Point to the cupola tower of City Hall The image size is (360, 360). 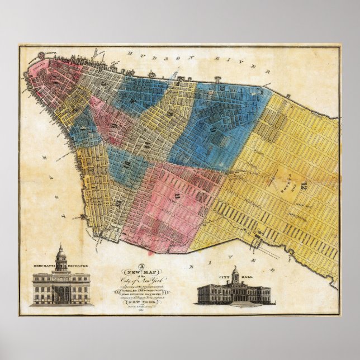tap(236, 274)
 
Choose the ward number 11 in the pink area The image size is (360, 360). tap(178, 195)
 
